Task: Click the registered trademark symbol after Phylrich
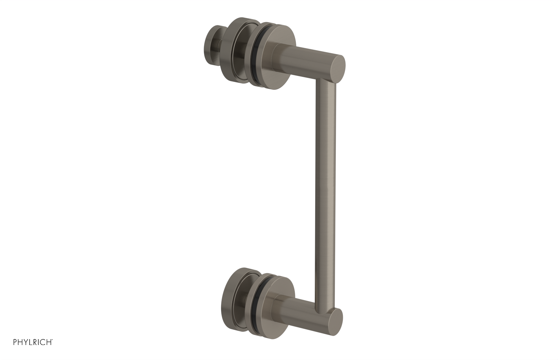[52, 342]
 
